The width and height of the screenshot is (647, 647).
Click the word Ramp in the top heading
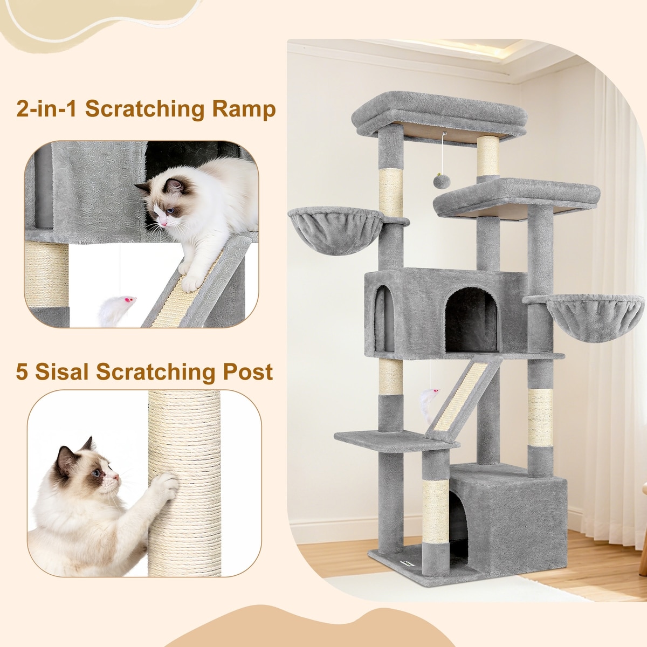243,109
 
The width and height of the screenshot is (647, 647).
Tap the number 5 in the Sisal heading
22,371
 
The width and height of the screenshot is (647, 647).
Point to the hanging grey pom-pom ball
442,181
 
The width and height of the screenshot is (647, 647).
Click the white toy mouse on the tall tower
429,404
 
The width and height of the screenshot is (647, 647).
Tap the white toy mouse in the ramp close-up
116,310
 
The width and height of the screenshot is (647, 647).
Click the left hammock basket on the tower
336,230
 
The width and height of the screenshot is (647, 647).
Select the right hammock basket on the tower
595,317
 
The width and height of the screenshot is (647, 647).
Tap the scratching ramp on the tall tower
462,398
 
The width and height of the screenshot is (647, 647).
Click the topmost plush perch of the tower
439,114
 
